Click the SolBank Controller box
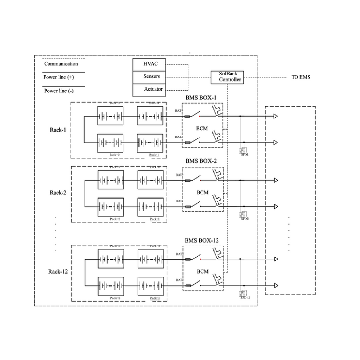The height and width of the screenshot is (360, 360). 227,77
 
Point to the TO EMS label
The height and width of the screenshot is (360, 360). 301,77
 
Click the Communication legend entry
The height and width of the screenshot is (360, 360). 61,64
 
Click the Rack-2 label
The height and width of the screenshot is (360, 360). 58,193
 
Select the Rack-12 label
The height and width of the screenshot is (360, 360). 58,271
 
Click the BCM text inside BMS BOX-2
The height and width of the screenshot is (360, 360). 202,193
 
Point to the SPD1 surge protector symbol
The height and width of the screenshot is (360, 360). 244,151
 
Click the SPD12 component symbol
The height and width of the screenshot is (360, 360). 244,294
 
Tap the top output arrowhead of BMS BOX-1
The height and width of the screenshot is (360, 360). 275,116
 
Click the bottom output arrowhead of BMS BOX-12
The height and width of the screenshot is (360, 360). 275,285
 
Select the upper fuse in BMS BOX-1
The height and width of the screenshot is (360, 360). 188,116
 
